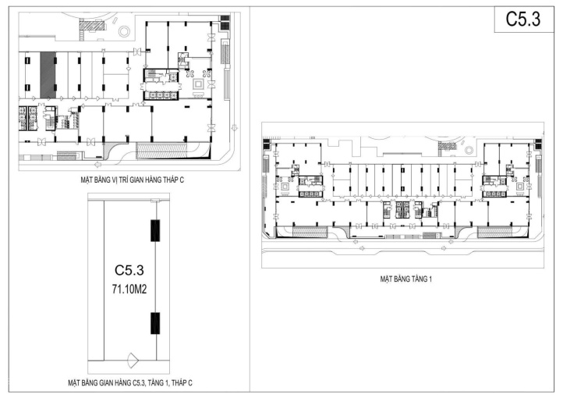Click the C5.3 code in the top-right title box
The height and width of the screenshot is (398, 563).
[x=522, y=19]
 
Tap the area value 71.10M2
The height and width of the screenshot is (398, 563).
[x=129, y=290]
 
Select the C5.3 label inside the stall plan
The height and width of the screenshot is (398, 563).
[x=129, y=270]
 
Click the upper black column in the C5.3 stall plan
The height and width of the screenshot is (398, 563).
[x=155, y=230]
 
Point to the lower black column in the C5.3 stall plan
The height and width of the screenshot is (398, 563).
[x=155, y=323]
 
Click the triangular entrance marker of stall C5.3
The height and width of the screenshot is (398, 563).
[x=133, y=360]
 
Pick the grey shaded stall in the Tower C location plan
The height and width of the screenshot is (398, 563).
[x=48, y=75]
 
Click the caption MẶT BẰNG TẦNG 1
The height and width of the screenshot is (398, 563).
[x=405, y=279]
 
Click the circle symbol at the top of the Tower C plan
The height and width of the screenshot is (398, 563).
[x=124, y=31]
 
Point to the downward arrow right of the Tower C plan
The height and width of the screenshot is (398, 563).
[x=235, y=127]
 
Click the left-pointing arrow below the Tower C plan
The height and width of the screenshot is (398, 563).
[x=98, y=164]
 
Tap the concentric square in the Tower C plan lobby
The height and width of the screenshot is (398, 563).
[x=198, y=84]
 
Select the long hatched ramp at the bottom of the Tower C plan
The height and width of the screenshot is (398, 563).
[x=161, y=150]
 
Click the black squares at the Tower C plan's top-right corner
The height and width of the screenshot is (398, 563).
[x=225, y=23]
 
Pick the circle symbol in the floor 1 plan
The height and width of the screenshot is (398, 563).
[x=469, y=150]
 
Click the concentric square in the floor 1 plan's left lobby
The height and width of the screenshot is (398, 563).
[x=286, y=187]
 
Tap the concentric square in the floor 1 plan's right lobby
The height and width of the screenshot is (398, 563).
[x=520, y=187]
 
